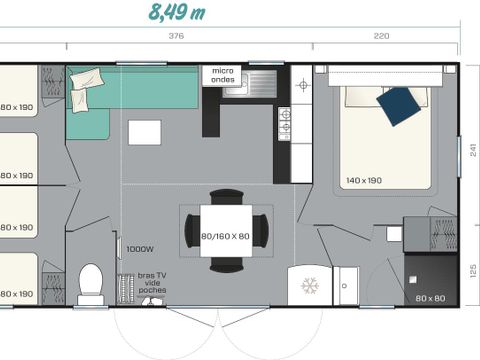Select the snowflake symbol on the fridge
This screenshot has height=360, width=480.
pyautogui.click(x=309, y=285)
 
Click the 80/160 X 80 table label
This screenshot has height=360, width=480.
pyautogui.click(x=226, y=237)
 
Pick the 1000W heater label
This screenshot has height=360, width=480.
pyautogui.click(x=138, y=249)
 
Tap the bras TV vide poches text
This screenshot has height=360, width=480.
pyautogui.click(x=152, y=282)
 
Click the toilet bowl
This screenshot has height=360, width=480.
pyautogui.click(x=91, y=282)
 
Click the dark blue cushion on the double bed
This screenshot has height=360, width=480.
pyautogui.click(x=400, y=105)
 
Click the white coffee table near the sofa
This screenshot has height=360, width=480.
pyautogui.click(x=144, y=132)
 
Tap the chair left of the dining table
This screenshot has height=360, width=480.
pyautogui.click(x=191, y=232)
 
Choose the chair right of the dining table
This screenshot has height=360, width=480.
pyautogui.click(x=261, y=232)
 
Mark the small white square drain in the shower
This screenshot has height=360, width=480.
pyautogui.click(x=394, y=233)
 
